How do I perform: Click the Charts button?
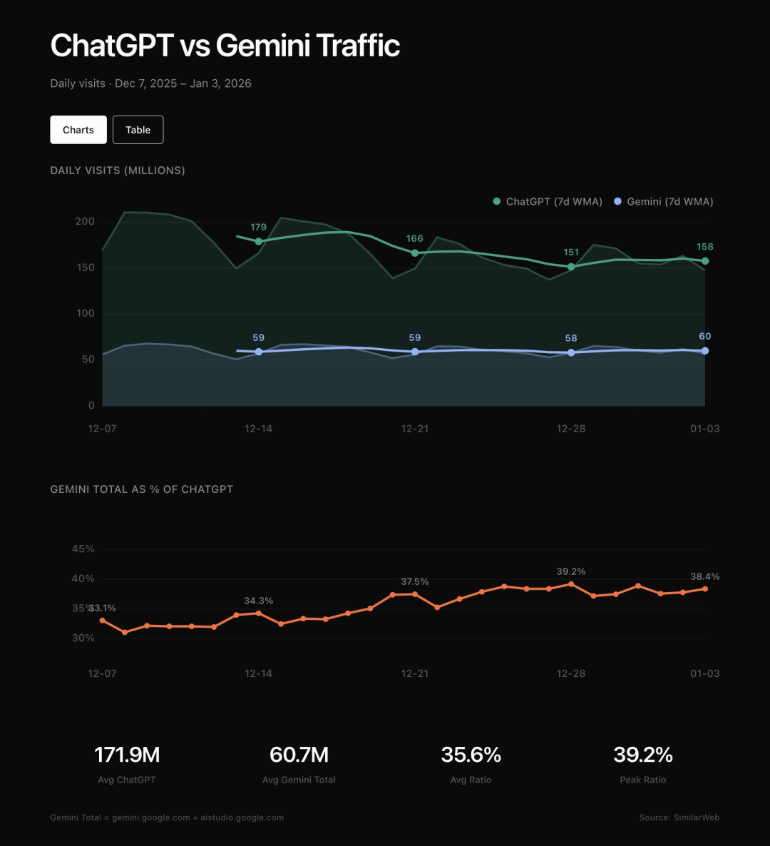pos(78,130)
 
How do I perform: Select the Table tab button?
pos(138,130)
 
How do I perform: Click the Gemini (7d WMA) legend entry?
pos(664,202)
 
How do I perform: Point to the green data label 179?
pos(258,228)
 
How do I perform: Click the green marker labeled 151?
pos(571,267)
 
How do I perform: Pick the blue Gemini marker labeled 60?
pos(705,351)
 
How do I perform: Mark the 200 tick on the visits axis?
pos(85,222)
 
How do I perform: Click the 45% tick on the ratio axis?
pos(83,549)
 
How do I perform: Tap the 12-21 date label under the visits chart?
pos(415,429)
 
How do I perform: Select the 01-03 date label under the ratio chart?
pos(704,673)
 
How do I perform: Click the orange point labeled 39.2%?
pos(571,584)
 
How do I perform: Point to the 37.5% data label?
pos(415,582)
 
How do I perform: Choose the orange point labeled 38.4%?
pos(705,588)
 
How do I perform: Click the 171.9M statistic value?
pos(127,755)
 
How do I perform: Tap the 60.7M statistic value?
pos(299,755)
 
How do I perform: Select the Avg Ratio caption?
pos(471,780)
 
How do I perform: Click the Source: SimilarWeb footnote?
pos(679,817)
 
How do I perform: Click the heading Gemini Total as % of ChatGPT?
pos(142,489)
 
